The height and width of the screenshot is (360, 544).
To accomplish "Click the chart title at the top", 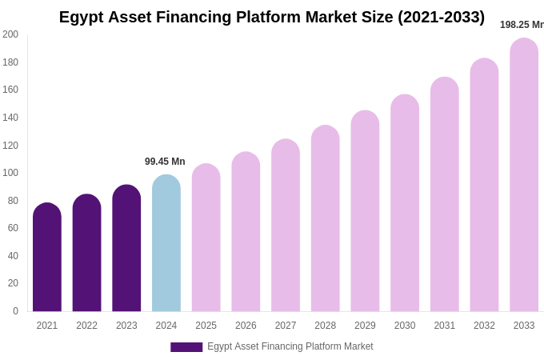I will (x=272, y=17).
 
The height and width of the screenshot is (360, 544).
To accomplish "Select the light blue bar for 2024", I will (x=166, y=244).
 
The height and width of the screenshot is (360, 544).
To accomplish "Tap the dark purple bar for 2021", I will (x=47, y=258).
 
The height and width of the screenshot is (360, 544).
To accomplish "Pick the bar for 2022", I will (x=86, y=254).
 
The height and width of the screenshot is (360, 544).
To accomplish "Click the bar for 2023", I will (x=126, y=249).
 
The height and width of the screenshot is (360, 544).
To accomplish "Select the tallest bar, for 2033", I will (x=524, y=176).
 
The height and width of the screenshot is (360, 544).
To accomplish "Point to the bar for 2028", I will (x=326, y=219).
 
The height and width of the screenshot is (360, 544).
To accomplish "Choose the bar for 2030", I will (x=405, y=204).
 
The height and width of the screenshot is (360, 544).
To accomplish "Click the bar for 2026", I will (x=246, y=232).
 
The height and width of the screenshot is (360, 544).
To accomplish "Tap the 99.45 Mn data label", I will (x=165, y=162).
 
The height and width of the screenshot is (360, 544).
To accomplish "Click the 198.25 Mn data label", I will (x=522, y=25).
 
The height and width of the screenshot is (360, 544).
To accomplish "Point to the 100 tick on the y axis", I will (x=10, y=173).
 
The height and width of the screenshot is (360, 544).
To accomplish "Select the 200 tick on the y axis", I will (x=10, y=34).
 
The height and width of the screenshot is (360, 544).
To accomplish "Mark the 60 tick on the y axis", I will (x=13, y=228).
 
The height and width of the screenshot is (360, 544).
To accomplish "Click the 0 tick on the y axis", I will (x=15, y=311).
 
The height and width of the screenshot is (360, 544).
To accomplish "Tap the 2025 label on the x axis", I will (x=206, y=326).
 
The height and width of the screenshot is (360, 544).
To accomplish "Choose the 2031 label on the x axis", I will (x=445, y=326).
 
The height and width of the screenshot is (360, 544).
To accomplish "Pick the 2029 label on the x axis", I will (x=365, y=326).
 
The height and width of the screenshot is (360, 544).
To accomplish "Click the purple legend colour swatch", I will (x=186, y=347).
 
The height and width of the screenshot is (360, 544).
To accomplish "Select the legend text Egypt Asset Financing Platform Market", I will (x=290, y=346).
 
